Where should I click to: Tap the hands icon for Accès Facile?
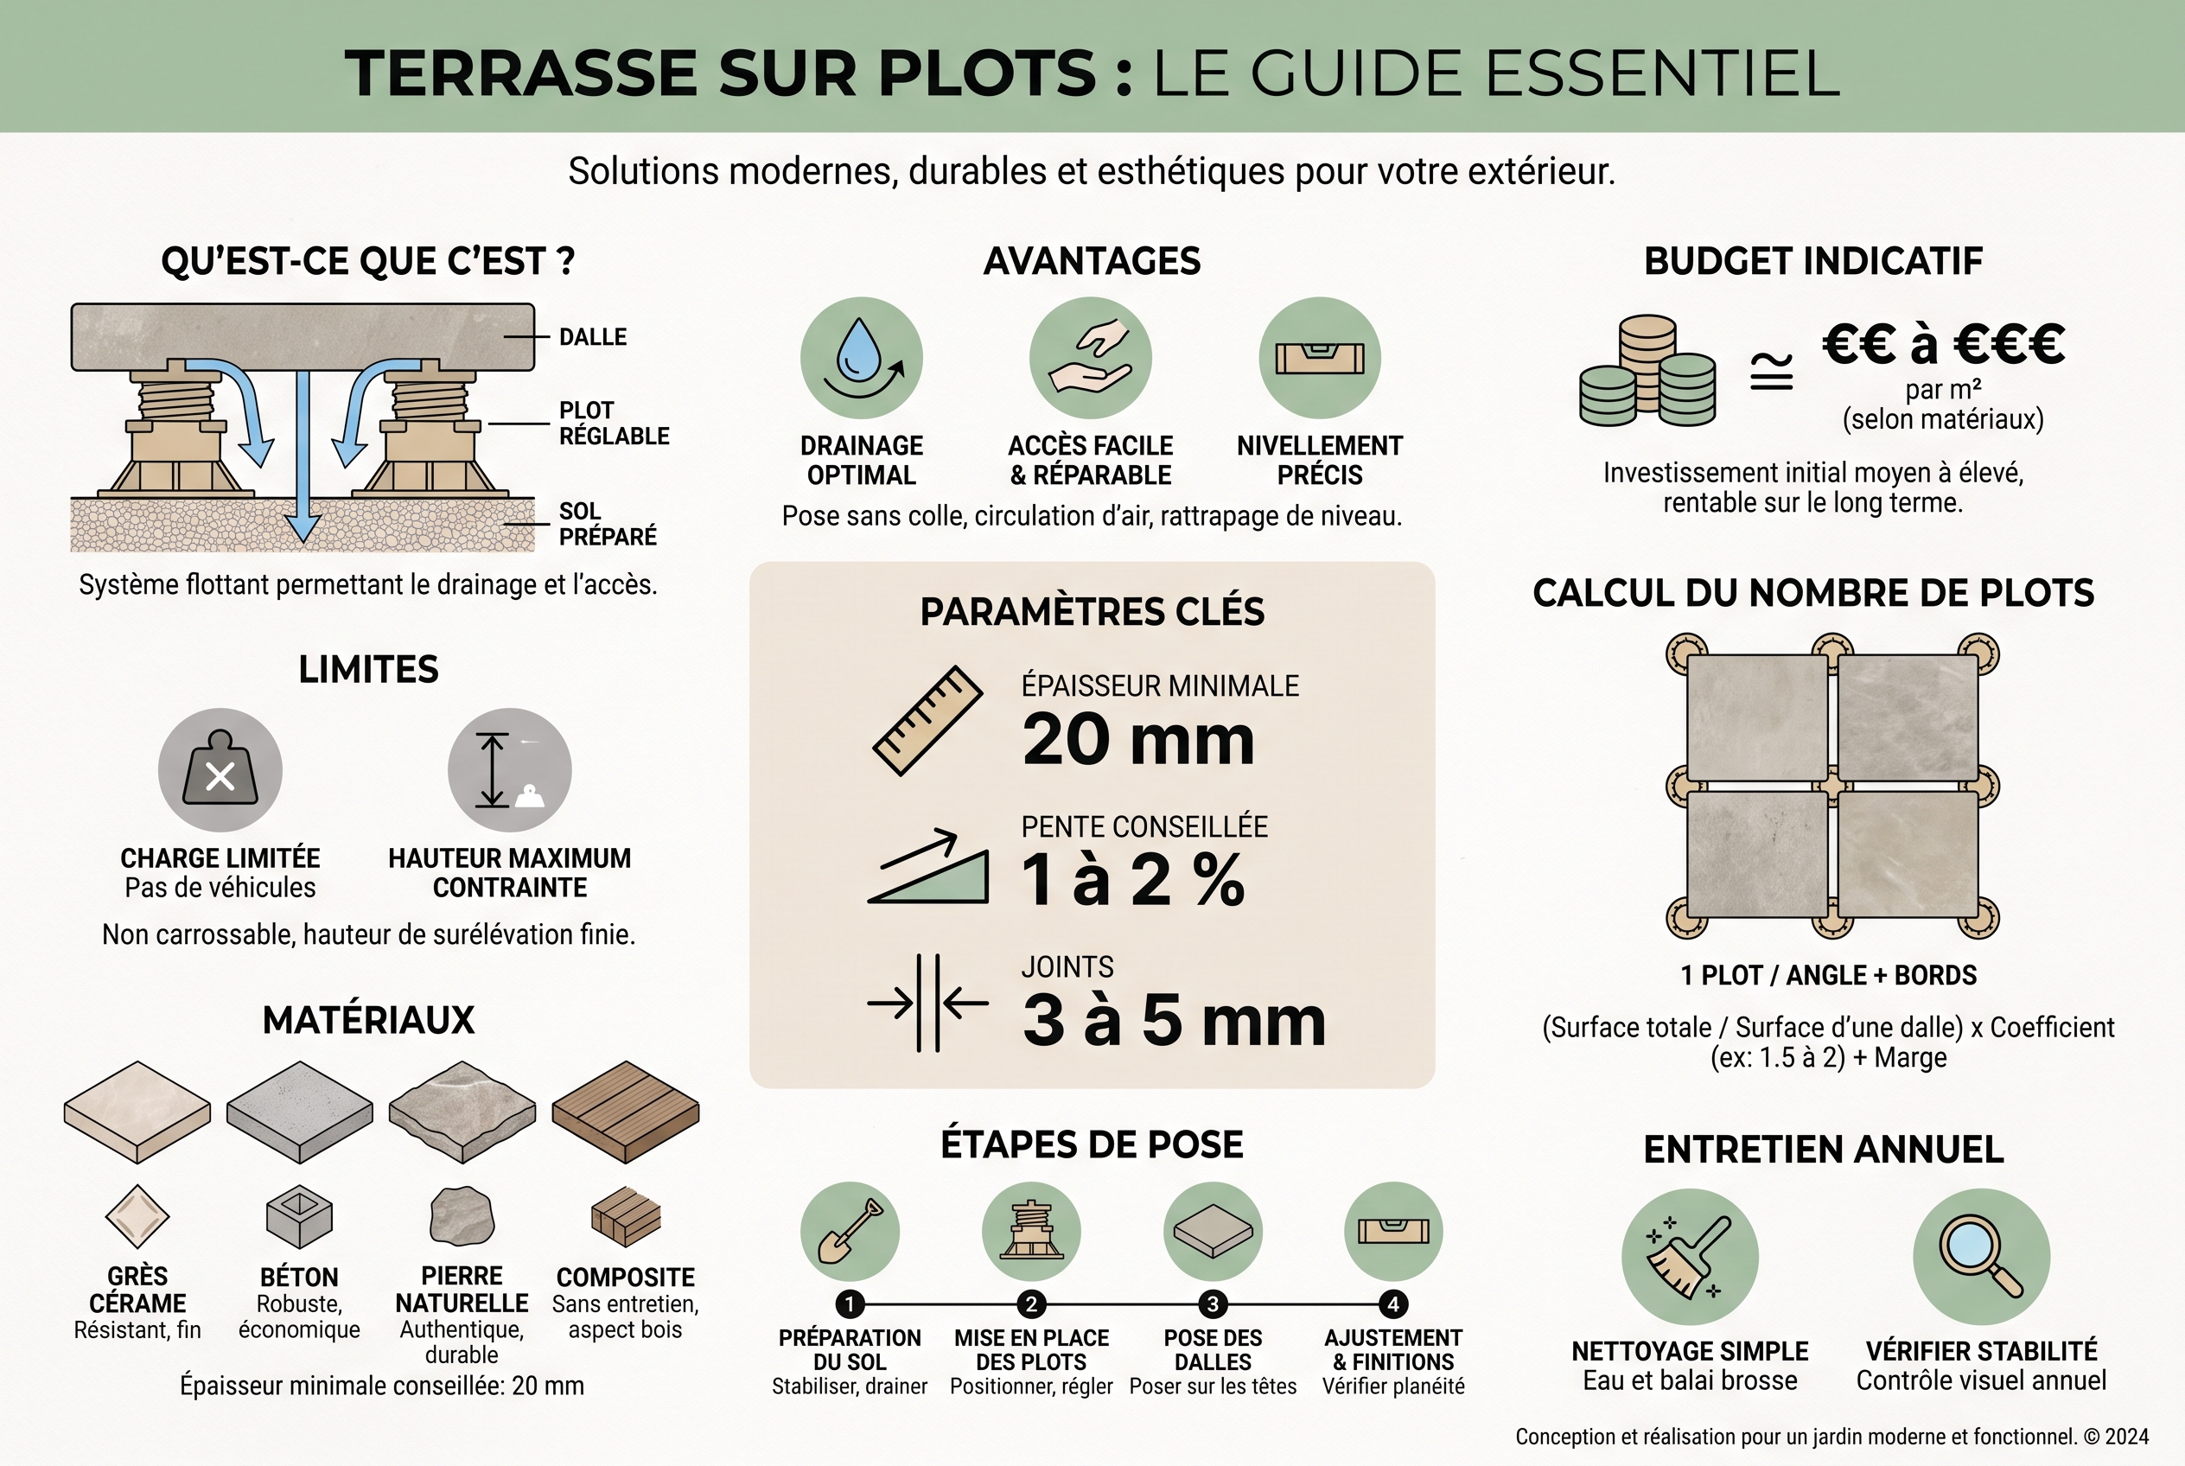tap(1090, 358)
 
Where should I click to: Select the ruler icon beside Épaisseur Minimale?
tap(927, 720)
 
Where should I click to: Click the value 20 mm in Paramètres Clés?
tap(1137, 740)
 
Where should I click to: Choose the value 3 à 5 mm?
tap(1174, 1020)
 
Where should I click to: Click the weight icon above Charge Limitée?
tap(220, 769)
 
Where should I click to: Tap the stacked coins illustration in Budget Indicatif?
tap(1647, 371)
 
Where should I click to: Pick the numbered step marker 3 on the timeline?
tap(1213, 1304)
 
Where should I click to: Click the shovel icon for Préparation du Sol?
tap(850, 1232)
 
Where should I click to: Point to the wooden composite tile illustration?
tap(626, 1112)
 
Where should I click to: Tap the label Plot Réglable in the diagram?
tap(614, 424)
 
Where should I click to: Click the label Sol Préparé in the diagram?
tap(608, 524)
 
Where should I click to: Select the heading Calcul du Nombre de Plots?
tap(1812, 593)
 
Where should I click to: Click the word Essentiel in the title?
tap(1662, 73)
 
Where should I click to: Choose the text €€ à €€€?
tap(1943, 344)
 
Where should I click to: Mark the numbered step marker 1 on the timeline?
tap(849, 1304)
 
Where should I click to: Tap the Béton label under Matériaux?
tap(299, 1278)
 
